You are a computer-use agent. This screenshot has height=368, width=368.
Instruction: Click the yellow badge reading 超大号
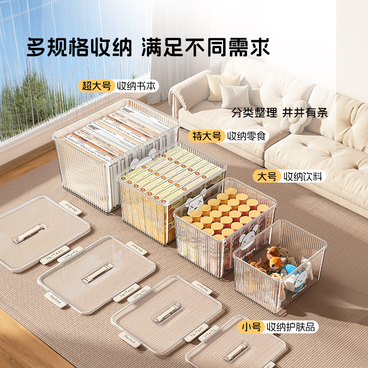tap(97, 86)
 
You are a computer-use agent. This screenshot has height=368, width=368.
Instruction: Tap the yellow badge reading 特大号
tap(207, 136)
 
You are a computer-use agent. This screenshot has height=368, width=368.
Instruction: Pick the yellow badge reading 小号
tap(251, 327)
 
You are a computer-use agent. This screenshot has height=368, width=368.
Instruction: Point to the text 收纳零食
tap(246, 136)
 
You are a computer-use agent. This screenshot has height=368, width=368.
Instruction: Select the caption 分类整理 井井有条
tap(280, 113)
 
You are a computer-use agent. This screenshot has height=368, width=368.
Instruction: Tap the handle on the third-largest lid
tap(166, 313)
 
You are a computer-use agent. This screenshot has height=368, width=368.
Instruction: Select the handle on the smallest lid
tap(236, 351)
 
